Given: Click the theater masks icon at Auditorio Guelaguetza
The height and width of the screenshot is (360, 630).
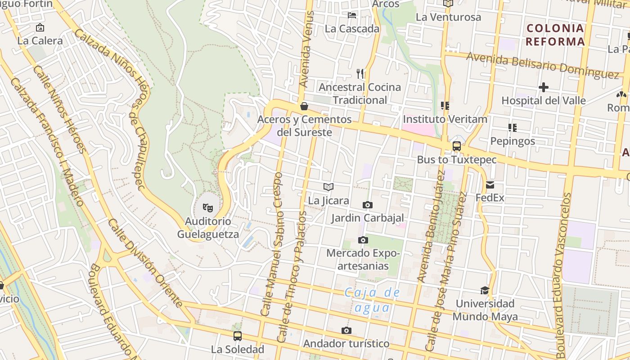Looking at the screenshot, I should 207,207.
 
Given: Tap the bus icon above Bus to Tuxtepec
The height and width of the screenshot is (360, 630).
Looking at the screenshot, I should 456,146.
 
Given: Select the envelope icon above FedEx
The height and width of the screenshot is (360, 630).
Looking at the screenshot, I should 490,184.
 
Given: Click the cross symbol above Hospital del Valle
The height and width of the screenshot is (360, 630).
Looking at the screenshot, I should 544,87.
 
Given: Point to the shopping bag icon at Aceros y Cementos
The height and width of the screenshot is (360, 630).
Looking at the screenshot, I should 304,106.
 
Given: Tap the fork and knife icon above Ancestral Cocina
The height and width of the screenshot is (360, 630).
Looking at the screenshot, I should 360,73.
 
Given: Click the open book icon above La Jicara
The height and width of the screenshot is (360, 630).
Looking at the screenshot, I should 328,187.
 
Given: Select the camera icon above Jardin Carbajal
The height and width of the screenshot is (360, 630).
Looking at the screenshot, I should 367,205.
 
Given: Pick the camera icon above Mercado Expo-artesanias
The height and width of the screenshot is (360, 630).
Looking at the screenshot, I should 363,240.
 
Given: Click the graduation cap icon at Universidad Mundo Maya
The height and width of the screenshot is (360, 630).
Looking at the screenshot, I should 485,290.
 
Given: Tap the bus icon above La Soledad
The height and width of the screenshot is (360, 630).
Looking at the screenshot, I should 237,336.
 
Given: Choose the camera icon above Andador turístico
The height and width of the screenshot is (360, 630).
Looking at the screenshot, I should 346,331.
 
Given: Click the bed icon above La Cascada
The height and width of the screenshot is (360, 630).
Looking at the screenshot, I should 352,15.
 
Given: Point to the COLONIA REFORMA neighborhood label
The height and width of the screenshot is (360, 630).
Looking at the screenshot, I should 555,35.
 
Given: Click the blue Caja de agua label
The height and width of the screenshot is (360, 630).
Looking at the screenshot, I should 372,300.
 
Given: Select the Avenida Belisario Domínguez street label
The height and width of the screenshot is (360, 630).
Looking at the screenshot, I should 543,65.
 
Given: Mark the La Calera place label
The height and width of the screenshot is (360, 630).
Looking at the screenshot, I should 40,40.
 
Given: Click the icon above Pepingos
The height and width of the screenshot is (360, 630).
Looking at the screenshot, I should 512,128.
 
